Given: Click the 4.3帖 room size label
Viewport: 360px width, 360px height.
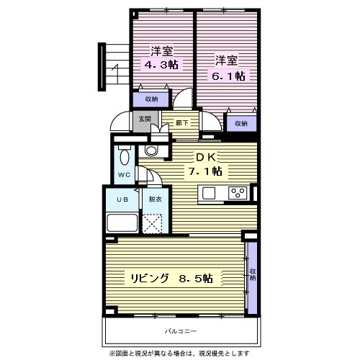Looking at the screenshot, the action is [161, 64].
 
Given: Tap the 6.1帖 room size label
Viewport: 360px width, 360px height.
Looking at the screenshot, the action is [228, 76].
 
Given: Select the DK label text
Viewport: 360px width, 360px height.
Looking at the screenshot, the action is [205, 157].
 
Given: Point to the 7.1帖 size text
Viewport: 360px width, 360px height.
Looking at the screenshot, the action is [205, 171].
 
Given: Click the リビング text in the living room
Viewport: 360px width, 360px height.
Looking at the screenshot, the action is [149, 279].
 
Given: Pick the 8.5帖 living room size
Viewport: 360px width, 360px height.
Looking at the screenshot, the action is [196, 279].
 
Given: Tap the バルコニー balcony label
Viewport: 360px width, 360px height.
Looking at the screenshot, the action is [181, 331].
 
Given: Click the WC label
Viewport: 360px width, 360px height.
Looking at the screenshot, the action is [124, 175].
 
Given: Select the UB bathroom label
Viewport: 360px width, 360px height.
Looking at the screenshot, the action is [122, 199].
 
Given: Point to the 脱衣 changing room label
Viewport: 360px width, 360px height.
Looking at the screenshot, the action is [156, 199].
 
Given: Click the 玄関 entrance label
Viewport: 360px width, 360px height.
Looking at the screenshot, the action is [145, 119].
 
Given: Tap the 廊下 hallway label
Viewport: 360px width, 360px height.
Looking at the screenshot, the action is [182, 123].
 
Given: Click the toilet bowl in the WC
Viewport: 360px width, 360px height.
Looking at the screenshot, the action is [125, 156].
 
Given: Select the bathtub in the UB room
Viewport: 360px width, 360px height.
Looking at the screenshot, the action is [122, 222].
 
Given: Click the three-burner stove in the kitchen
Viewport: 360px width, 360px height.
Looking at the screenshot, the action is [238, 193].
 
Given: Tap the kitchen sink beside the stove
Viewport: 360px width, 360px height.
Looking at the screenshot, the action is [209, 193].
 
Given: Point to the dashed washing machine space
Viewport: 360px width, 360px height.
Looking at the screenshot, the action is [152, 224].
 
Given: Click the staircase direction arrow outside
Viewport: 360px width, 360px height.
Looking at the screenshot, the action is [116, 71].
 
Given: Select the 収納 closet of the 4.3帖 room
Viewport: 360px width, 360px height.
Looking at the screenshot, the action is [151, 99].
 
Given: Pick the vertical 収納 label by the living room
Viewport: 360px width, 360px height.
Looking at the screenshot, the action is [253, 275].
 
